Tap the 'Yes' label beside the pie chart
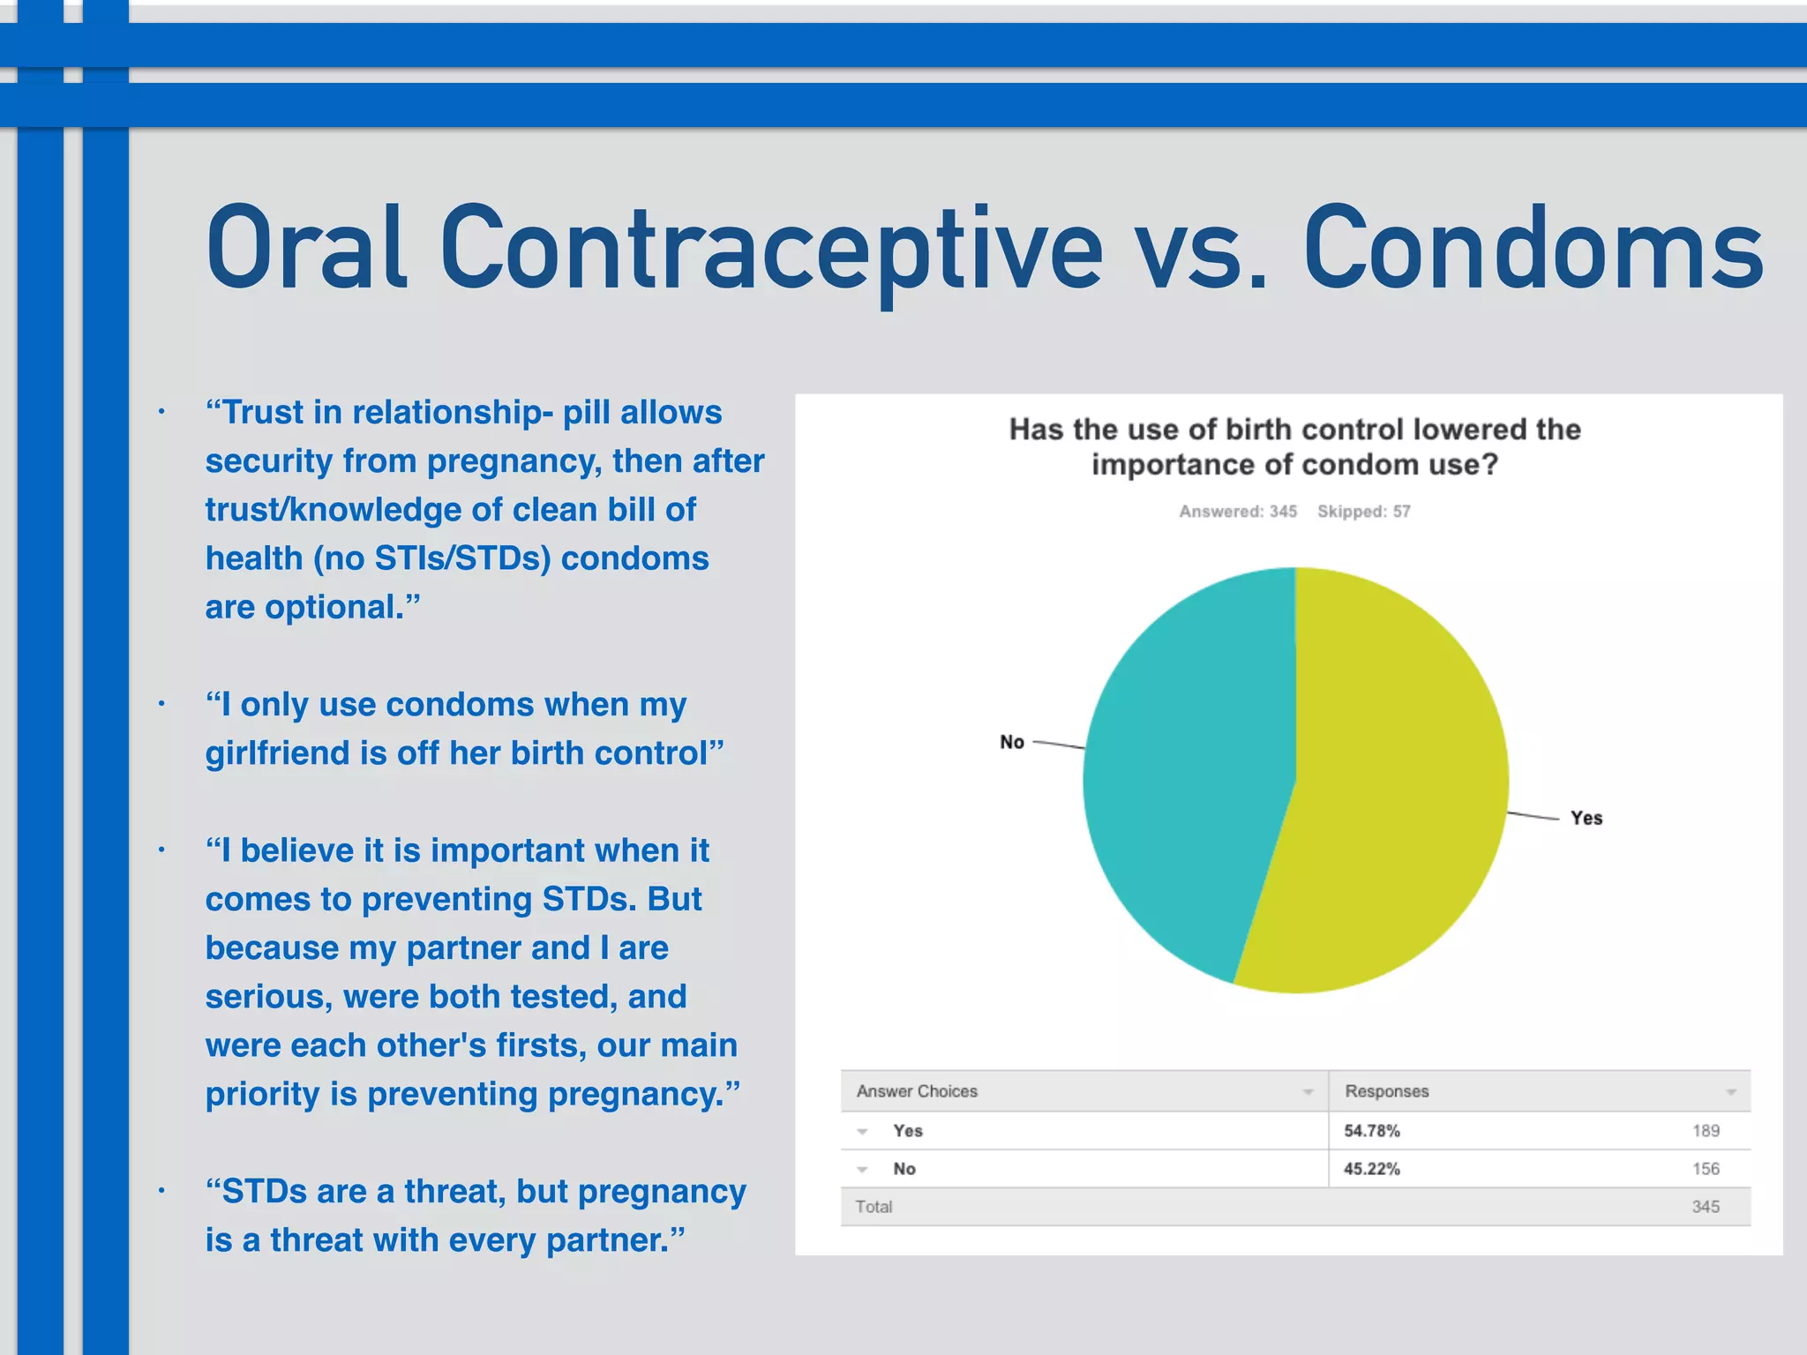coord(1586,818)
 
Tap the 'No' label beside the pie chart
coord(1011,742)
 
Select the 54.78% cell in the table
coord(1371,1131)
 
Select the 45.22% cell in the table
coord(1371,1169)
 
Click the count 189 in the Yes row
coord(1705,1131)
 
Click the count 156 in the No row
coord(1705,1169)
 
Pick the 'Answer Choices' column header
coord(917,1091)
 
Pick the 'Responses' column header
coord(1386,1091)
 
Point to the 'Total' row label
coord(874,1207)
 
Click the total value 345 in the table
coord(1705,1207)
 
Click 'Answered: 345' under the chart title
coord(1238,512)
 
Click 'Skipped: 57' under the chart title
coord(1363,512)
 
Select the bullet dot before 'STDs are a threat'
coord(161,1191)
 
